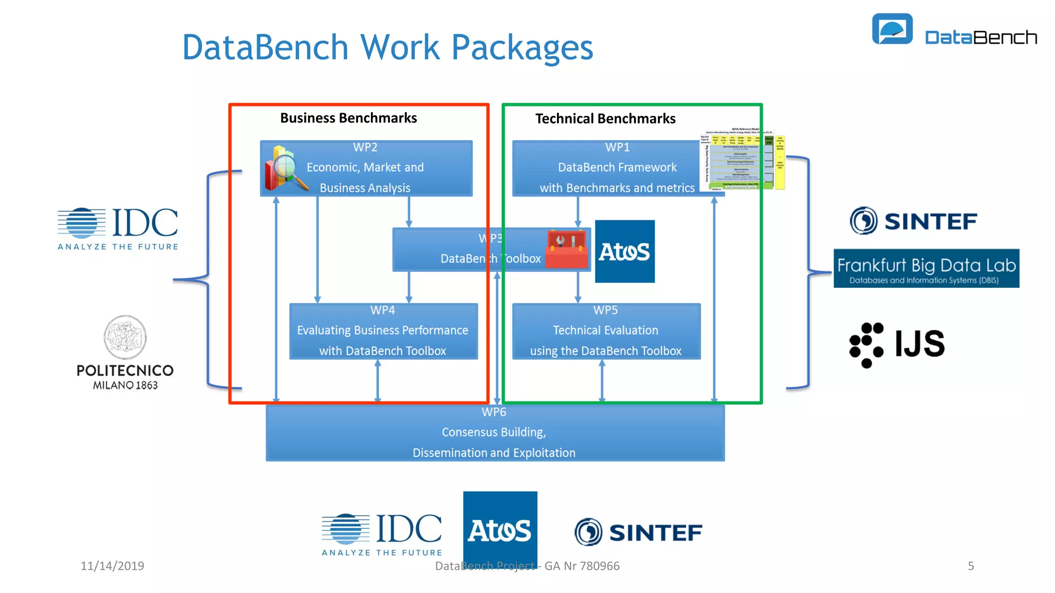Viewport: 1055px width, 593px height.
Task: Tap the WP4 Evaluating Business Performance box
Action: click(x=383, y=331)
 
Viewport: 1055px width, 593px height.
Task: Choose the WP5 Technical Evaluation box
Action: click(x=606, y=331)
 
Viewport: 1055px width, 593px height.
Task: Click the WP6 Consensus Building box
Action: click(x=495, y=432)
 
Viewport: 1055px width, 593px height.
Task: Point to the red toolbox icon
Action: click(x=567, y=250)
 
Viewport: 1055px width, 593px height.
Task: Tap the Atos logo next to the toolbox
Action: click(x=624, y=251)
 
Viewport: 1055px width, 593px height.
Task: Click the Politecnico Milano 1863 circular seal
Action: click(x=125, y=337)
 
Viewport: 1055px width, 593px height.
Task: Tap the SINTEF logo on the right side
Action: click(x=913, y=221)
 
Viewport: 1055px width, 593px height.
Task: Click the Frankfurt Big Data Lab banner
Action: click(x=926, y=268)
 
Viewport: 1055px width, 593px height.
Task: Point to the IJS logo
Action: click(x=896, y=344)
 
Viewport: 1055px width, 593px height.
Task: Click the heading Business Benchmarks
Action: click(x=348, y=118)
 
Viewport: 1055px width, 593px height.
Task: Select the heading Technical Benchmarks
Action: click(x=605, y=119)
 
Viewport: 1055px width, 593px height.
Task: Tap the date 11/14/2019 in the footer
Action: click(x=112, y=566)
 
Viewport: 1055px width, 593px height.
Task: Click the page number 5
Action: click(x=971, y=566)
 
